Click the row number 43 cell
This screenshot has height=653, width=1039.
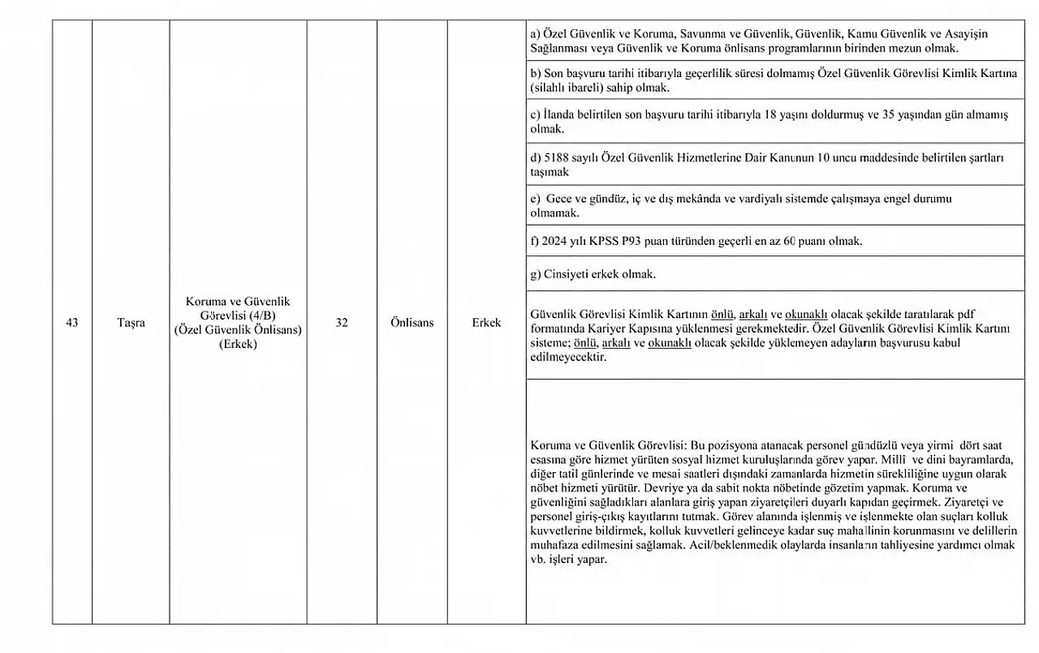point(72,323)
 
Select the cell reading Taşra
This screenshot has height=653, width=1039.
point(130,323)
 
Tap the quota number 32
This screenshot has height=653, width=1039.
point(342,323)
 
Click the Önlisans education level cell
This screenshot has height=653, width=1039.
point(411,323)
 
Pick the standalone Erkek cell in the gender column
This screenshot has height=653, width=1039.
point(486,323)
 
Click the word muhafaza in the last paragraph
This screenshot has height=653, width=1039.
point(555,545)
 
